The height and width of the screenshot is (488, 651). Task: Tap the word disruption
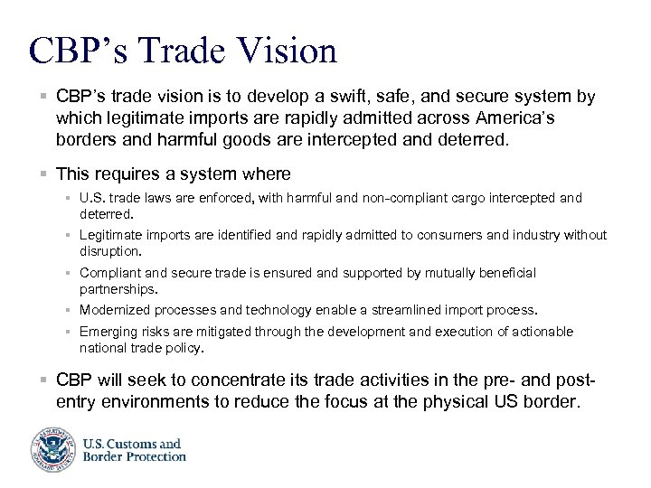[x=109, y=251]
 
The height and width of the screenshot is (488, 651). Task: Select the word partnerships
[x=118, y=289]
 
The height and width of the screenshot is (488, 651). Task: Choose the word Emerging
[x=108, y=332]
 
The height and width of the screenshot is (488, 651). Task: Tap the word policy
[x=186, y=347]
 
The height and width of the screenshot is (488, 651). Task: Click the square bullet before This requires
[x=43, y=174]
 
